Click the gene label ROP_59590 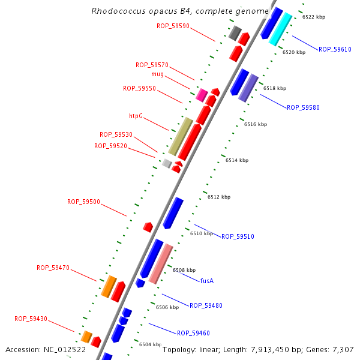coord(173,26)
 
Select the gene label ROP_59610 coord(335,49)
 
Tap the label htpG coord(136,116)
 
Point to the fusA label coord(207,281)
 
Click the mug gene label coord(157,74)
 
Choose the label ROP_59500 coord(83,202)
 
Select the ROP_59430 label coord(31,319)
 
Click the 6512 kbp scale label coord(219,197)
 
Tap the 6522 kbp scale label coord(314,17)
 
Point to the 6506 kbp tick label coord(167,307)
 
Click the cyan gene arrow coord(280,29)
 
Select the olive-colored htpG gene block coord(180,136)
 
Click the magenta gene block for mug coord(202,94)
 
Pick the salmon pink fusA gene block coord(161,264)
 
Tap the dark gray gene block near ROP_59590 coord(235,33)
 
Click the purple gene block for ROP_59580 coord(248,88)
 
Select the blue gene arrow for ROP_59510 coord(173,213)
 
